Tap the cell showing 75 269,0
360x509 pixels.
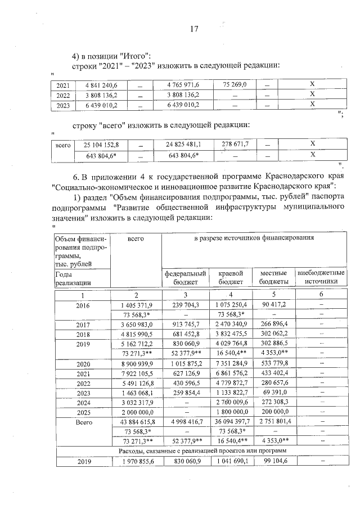click(235, 84)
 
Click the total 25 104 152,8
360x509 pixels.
click(105, 145)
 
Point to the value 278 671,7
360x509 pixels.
click(235, 145)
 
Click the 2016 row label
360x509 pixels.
click(83, 304)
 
